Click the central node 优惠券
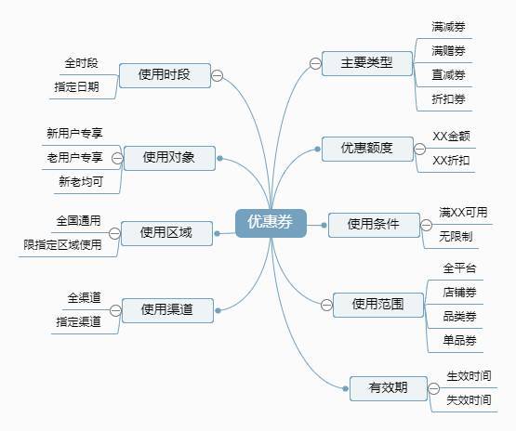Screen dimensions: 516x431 (x=271, y=223)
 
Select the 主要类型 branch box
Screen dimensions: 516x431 (x=367, y=63)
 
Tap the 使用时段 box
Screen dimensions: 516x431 (x=165, y=75)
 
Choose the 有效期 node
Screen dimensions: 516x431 (x=389, y=388)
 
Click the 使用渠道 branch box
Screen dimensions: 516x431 (x=167, y=310)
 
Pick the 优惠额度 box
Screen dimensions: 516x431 (x=367, y=149)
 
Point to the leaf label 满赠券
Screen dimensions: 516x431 (x=448, y=51)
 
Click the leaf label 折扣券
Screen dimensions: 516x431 (x=448, y=99)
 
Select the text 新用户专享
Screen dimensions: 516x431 (x=74, y=133)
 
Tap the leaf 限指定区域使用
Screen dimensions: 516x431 (x=62, y=244)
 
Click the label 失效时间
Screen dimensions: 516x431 (x=469, y=399)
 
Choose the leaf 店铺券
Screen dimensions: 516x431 (x=459, y=292)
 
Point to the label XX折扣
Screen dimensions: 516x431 (x=451, y=161)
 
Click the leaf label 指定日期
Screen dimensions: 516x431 (x=76, y=86)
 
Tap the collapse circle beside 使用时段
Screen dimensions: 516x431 (x=217, y=75)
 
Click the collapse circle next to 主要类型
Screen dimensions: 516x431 (x=315, y=63)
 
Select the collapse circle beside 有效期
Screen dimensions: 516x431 (x=434, y=388)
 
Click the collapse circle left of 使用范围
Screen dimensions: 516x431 (x=326, y=305)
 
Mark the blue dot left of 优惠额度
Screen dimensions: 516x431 (x=317, y=150)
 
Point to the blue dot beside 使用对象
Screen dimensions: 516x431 (x=220, y=159)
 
